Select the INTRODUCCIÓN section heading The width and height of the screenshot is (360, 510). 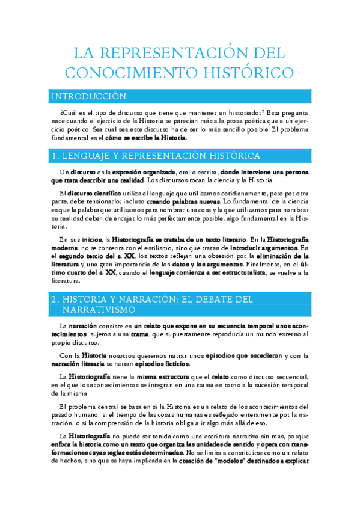point(88,96)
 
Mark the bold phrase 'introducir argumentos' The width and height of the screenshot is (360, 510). point(264,247)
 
